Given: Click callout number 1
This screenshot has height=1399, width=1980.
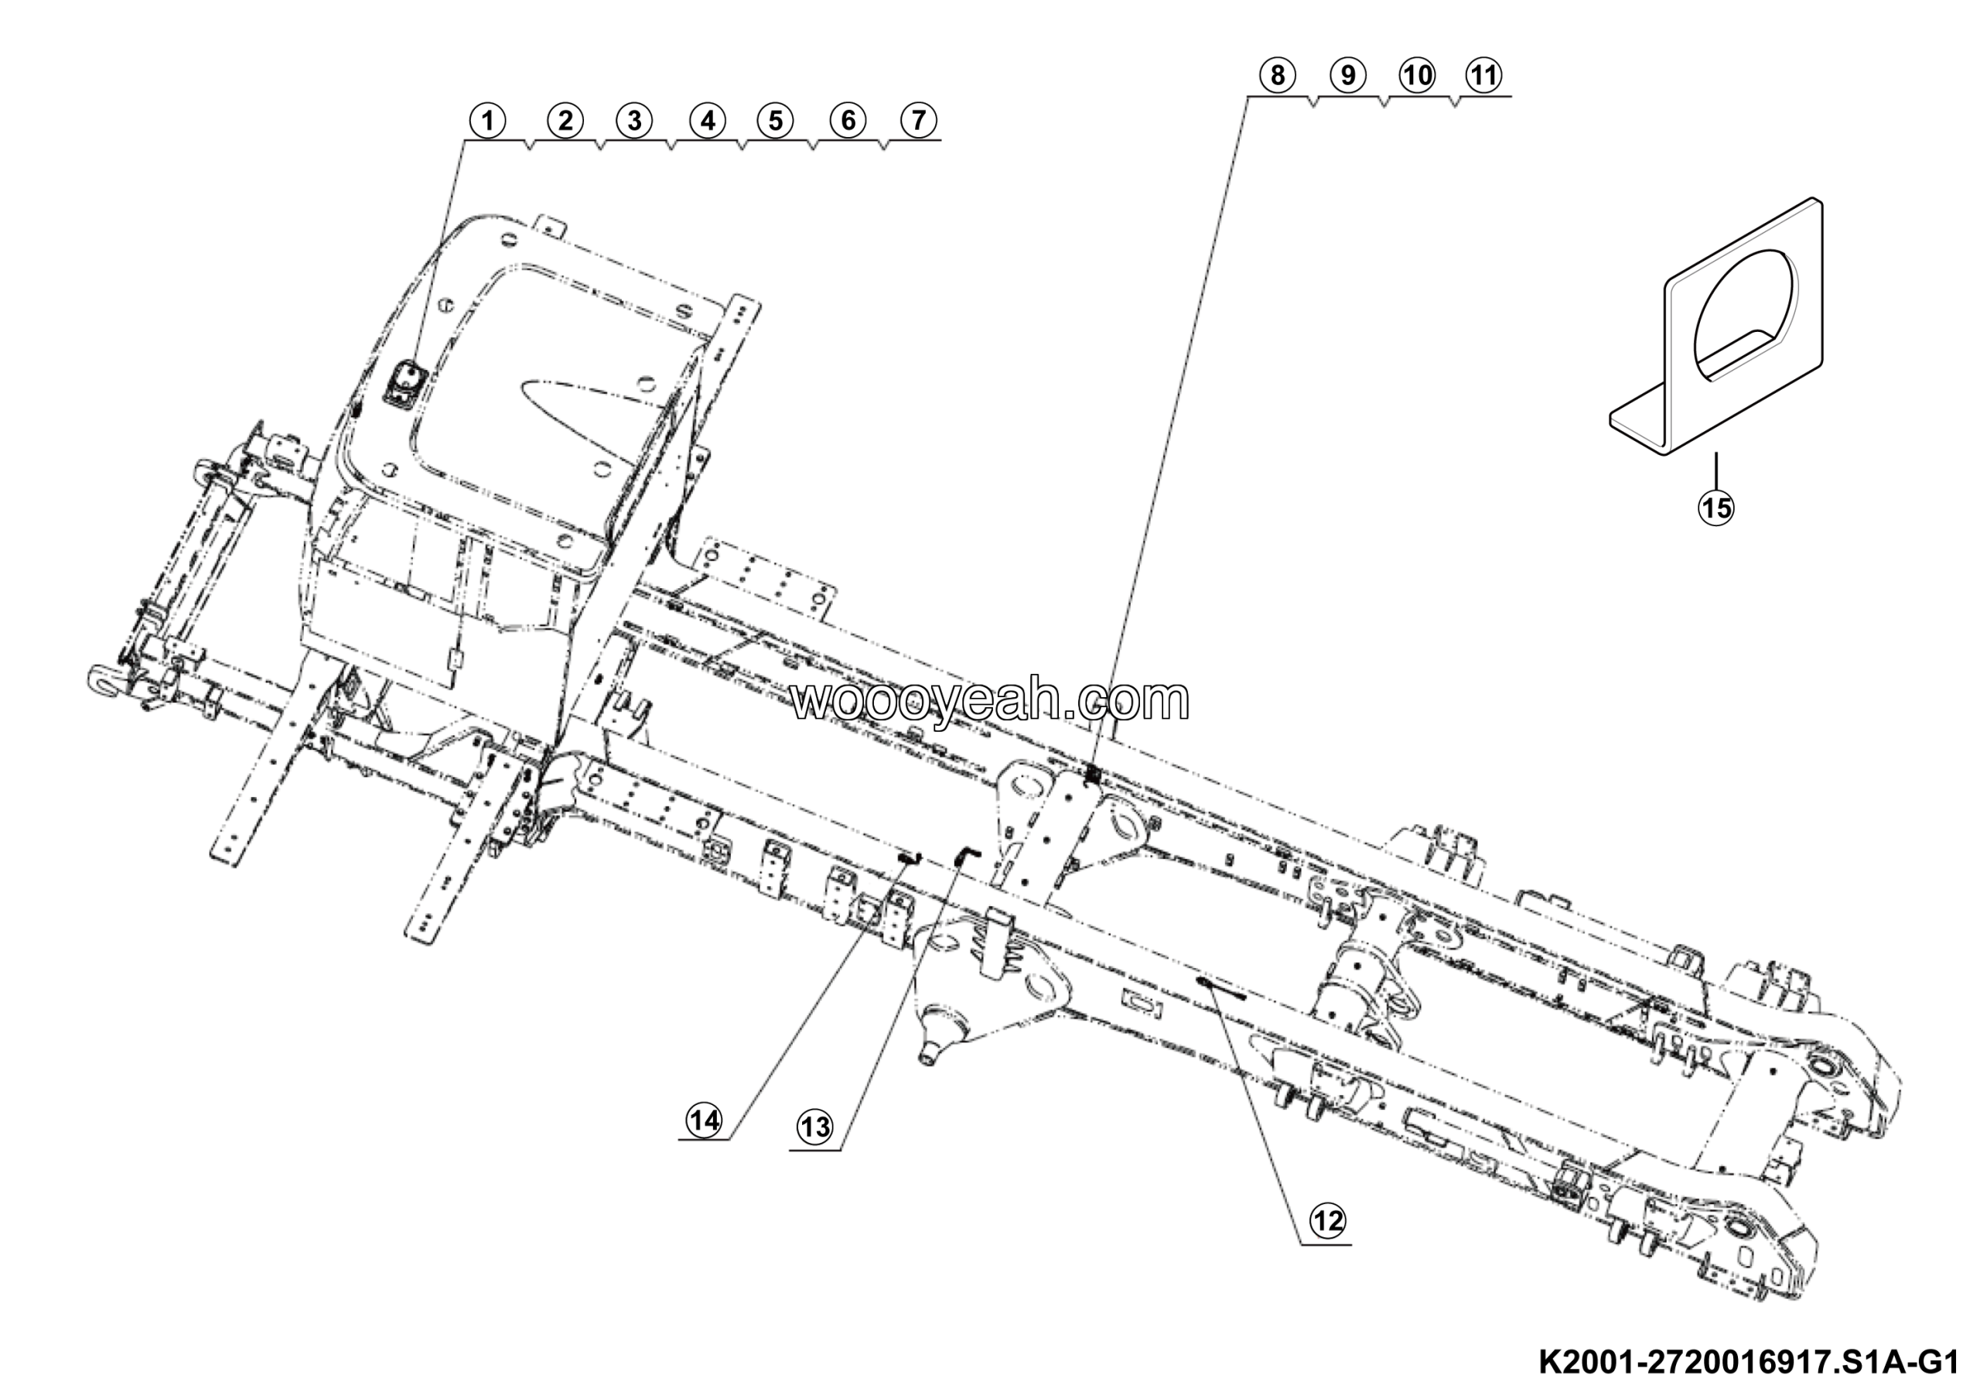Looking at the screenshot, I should (x=488, y=121).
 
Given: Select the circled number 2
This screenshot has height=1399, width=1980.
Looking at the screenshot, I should (x=565, y=121).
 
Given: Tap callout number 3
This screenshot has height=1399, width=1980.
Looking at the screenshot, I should (x=634, y=121).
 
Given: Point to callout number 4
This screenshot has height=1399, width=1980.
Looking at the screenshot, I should (x=707, y=121).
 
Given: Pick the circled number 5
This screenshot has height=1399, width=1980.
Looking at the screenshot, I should (x=775, y=121).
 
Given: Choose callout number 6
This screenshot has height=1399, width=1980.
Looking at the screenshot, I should (x=848, y=121).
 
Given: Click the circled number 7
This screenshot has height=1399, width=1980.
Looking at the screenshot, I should (x=918, y=121).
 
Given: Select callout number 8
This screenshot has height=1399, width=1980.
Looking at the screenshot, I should (x=1277, y=76).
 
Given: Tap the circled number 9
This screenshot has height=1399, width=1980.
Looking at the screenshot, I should (x=1348, y=76).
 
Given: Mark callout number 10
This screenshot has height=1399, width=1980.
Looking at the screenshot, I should (x=1417, y=76).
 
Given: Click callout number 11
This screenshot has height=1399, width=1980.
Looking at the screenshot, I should (x=1483, y=76).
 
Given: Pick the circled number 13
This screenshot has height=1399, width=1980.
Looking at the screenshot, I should (x=815, y=1127).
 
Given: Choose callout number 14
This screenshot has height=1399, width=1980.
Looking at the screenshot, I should (x=705, y=1120).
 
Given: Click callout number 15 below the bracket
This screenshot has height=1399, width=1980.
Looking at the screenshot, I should (x=1715, y=508).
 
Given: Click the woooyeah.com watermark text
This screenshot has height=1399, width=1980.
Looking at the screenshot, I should (x=990, y=700).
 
